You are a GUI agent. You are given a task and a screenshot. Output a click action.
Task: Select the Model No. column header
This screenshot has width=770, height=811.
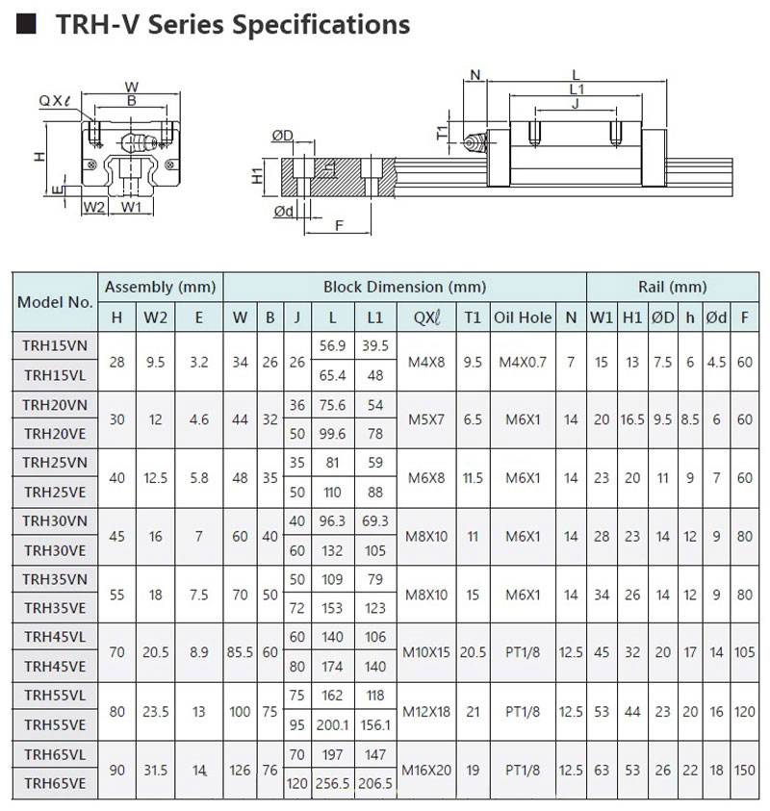pyautogui.click(x=55, y=301)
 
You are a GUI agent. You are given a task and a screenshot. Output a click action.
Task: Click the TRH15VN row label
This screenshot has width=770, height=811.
pyautogui.click(x=55, y=344)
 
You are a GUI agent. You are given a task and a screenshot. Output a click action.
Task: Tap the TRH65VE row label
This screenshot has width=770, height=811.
pyautogui.click(x=55, y=784)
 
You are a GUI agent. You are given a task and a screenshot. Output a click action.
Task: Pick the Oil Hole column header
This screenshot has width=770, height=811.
pyautogui.click(x=523, y=317)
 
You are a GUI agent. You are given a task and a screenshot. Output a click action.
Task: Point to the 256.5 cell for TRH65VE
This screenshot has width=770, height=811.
pyautogui.click(x=332, y=784)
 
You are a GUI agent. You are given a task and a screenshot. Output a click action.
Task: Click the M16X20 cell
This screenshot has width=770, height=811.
pyautogui.click(x=425, y=769)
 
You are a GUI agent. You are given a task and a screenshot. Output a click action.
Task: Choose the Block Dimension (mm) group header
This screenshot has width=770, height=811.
pyautogui.click(x=404, y=287)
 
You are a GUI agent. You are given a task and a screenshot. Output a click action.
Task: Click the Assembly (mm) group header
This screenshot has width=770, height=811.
pyautogui.click(x=161, y=287)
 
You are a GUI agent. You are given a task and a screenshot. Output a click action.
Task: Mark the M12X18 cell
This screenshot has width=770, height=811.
pyautogui.click(x=425, y=711)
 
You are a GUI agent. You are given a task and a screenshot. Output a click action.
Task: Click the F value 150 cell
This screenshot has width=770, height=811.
pyautogui.click(x=743, y=769)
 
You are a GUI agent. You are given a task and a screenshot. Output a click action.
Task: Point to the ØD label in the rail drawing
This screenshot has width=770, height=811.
pyautogui.click(x=282, y=137)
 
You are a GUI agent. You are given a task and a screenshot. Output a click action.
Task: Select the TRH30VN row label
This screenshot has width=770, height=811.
pyautogui.click(x=55, y=520)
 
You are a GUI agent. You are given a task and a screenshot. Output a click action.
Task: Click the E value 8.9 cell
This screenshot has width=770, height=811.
pyautogui.click(x=199, y=652)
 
